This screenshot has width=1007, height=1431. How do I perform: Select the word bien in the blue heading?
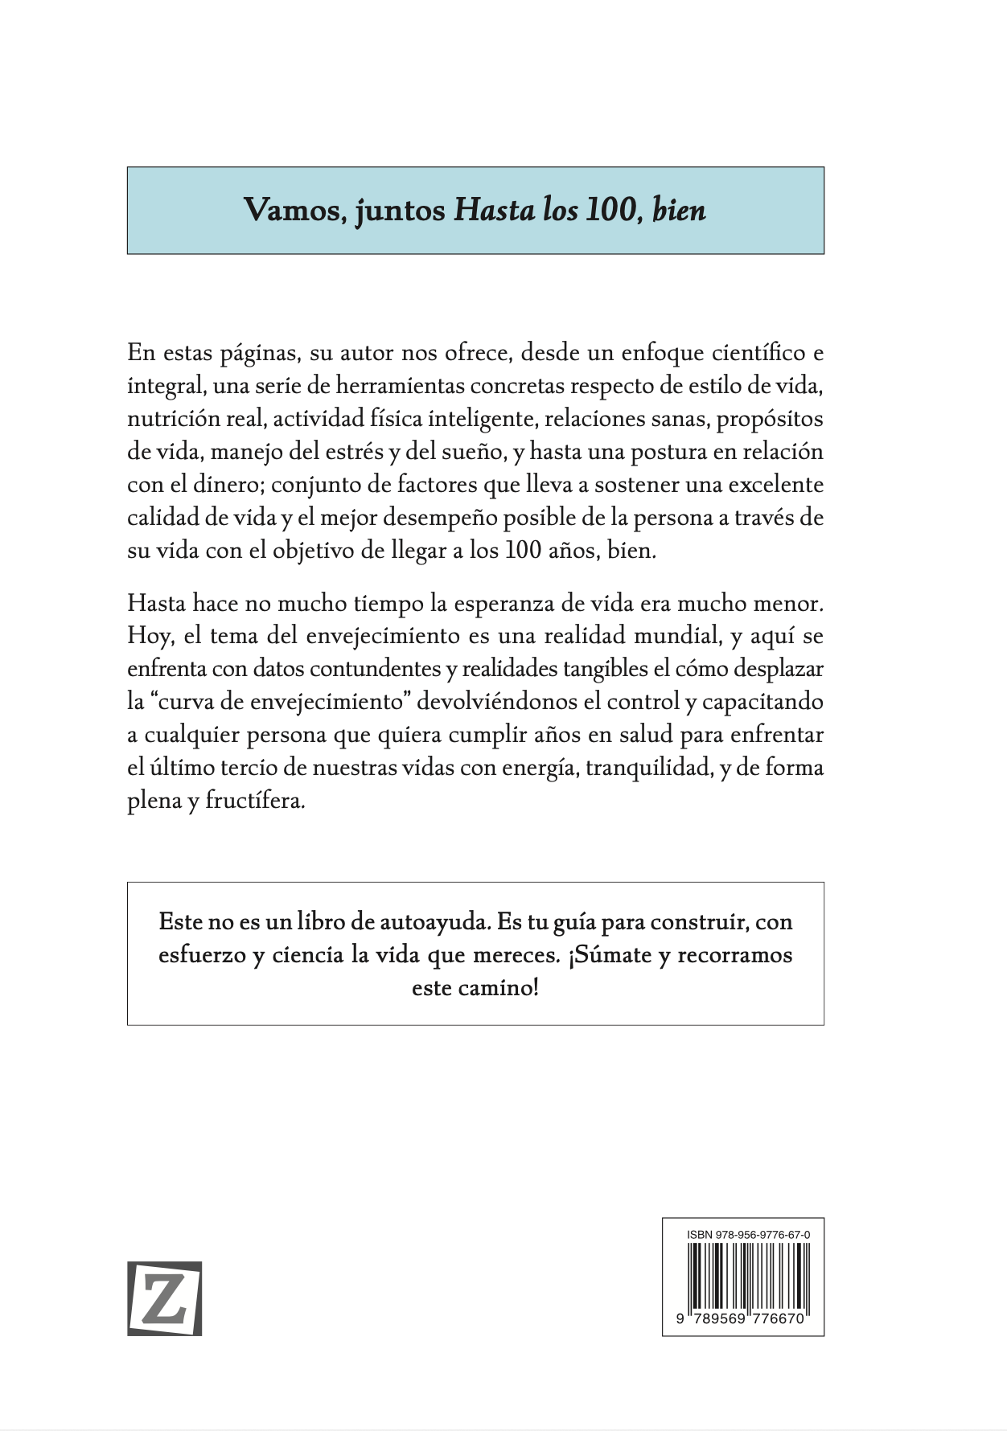[x=680, y=210]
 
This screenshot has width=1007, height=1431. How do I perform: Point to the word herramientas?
[x=408, y=386]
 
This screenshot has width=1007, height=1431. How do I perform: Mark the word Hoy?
[x=150, y=636]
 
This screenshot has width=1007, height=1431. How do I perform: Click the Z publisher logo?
[x=164, y=1298]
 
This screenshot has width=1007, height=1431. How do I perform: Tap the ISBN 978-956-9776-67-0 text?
[x=743, y=1234]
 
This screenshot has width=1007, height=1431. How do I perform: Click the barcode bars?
[x=743, y=1281]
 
